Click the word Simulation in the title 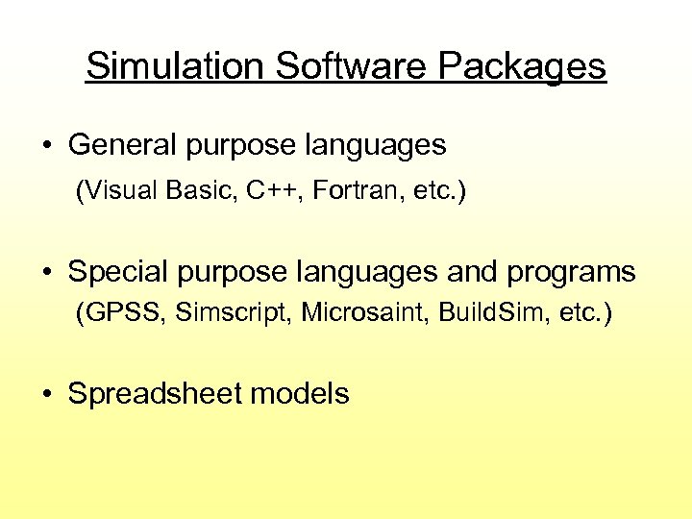pos(173,66)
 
